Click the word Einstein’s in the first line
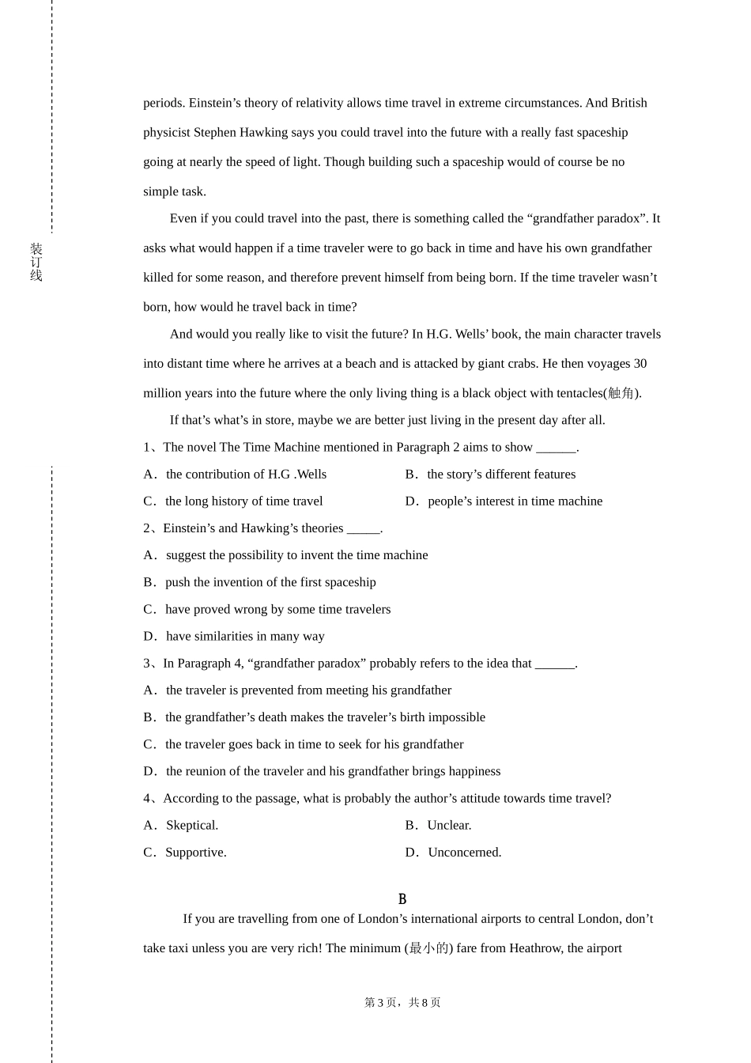pos(215,103)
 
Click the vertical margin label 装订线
pos(36,262)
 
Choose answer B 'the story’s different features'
pos(500,475)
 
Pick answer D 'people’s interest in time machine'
pos(515,501)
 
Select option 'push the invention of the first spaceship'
pos(270,582)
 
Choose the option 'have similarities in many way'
pos(245,636)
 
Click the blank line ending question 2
pos(363,529)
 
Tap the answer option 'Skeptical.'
pos(192,826)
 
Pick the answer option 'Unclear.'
pos(449,826)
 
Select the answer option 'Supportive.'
pos(196,853)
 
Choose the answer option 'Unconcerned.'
pos(464,853)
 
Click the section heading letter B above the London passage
pos(402,899)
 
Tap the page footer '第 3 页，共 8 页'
pos(402,1003)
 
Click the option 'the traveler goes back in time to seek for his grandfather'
pos(314,744)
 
